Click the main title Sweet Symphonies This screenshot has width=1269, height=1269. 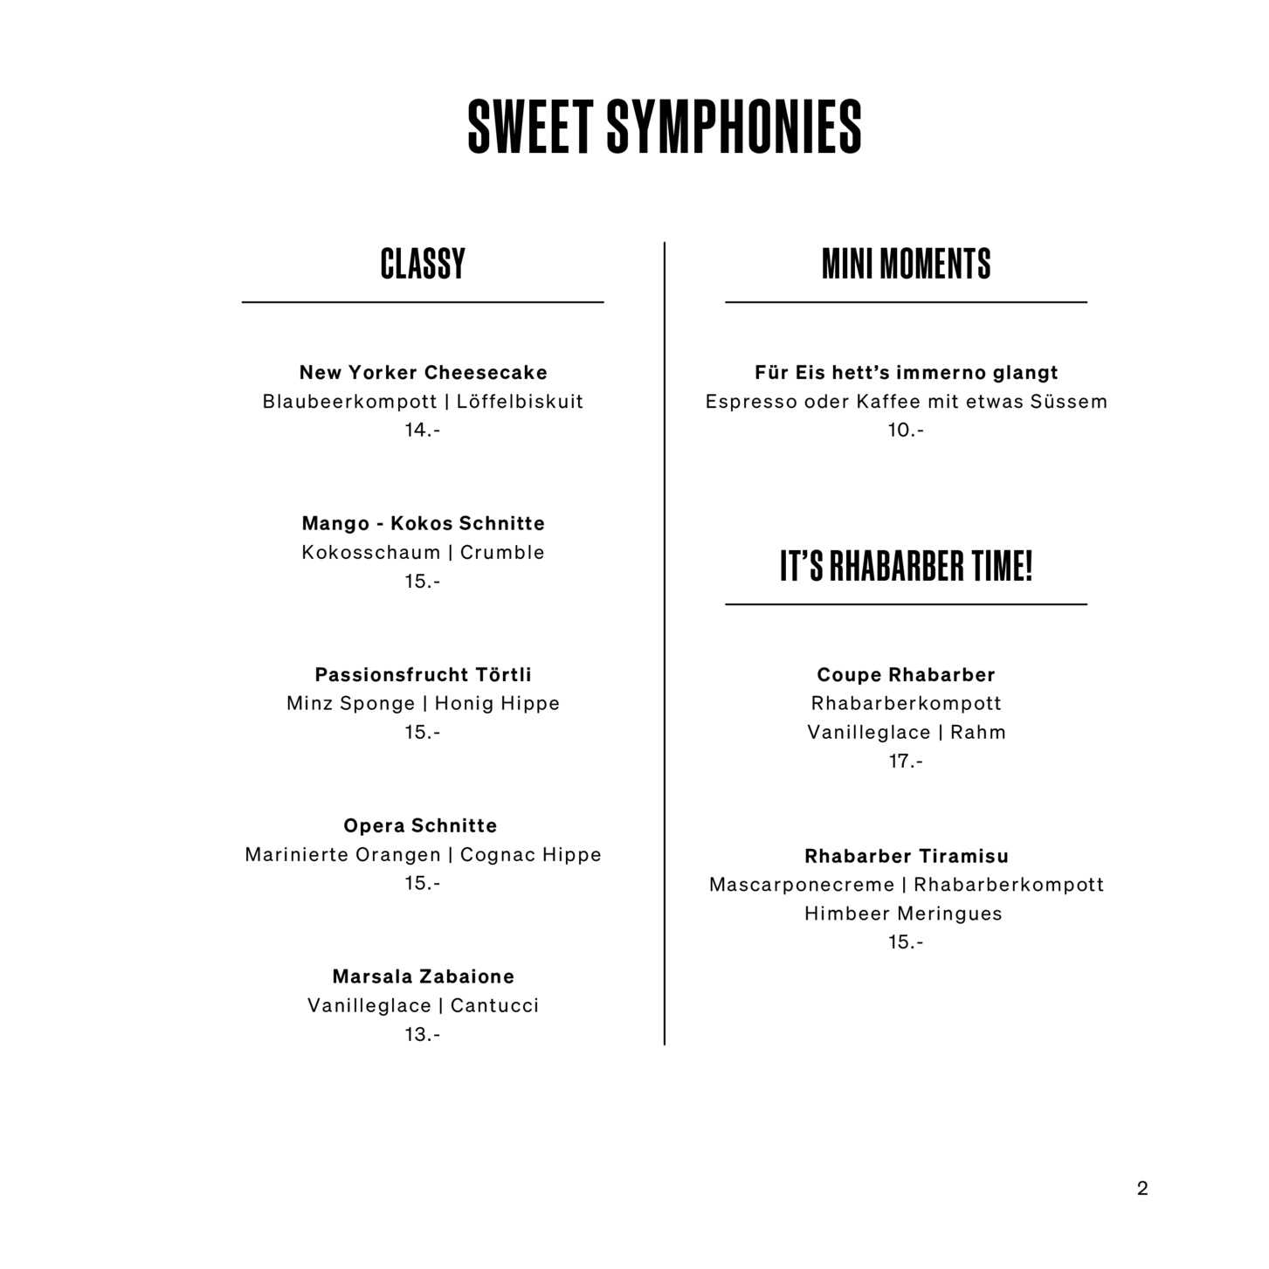pyautogui.click(x=665, y=127)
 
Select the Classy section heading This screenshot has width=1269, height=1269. pyautogui.click(x=423, y=264)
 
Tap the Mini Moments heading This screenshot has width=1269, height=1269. pyautogui.click(x=906, y=264)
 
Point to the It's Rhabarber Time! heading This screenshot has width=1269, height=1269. pyautogui.click(x=906, y=566)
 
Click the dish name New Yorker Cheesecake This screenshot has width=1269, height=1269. pyautogui.click(x=423, y=373)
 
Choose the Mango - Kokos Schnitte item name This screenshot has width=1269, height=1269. pyautogui.click(x=423, y=523)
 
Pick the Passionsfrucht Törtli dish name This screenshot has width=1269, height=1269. pyautogui.click(x=423, y=674)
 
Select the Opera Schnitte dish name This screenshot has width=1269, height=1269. pyautogui.click(x=420, y=825)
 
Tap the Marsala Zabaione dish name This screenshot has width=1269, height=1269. pyautogui.click(x=423, y=976)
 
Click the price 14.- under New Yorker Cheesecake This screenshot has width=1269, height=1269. pyautogui.click(x=422, y=430)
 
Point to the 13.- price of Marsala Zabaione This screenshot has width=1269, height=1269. pyautogui.click(x=422, y=1034)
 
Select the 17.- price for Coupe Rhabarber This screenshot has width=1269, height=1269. pyautogui.click(x=906, y=761)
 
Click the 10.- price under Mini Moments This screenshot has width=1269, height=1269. pyautogui.click(x=906, y=430)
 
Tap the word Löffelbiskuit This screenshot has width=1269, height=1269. pyautogui.click(x=520, y=402)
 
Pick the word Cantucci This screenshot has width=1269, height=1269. pyautogui.click(x=494, y=1005)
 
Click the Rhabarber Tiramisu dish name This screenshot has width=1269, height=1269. pyautogui.click(x=906, y=856)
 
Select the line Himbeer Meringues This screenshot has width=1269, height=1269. pyautogui.click(x=903, y=914)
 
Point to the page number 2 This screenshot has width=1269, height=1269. pyautogui.click(x=1142, y=1188)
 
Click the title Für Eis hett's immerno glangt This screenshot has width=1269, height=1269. pyautogui.click(x=906, y=373)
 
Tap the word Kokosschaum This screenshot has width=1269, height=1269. pyautogui.click(x=371, y=553)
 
